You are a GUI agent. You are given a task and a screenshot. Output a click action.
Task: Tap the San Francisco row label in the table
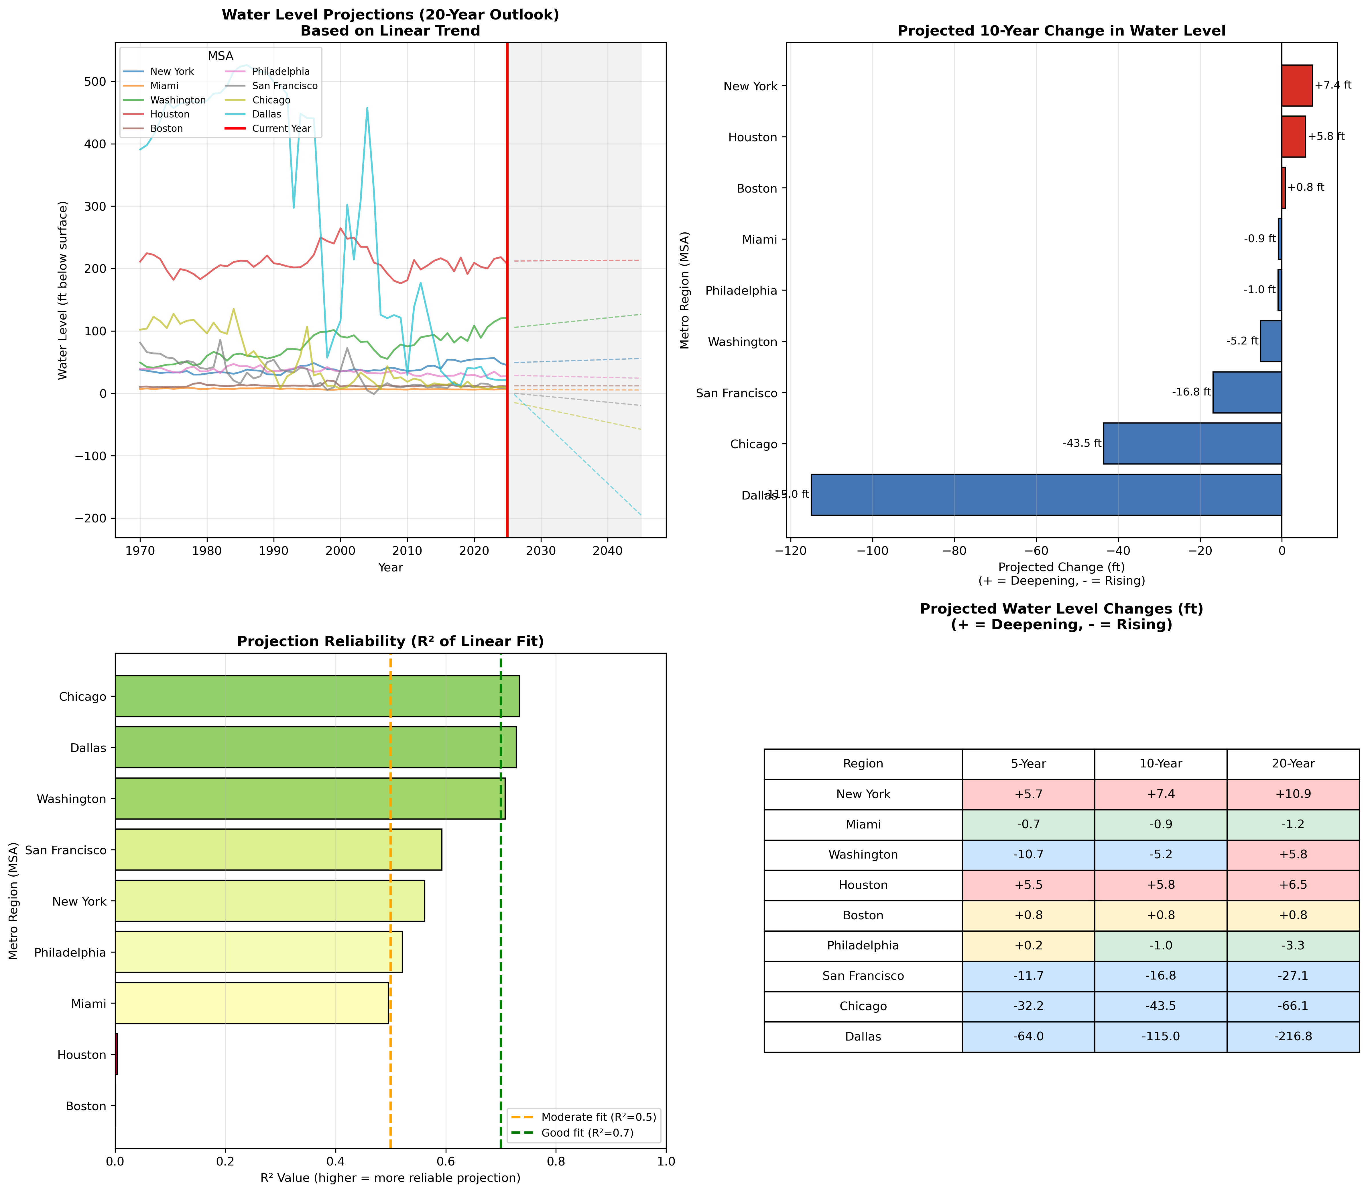tap(863, 976)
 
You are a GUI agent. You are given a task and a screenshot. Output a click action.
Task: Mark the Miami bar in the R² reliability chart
tap(251, 1003)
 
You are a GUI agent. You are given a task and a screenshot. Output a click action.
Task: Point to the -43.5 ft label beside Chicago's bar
tap(1082, 443)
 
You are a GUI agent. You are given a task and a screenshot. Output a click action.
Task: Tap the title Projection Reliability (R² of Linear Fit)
tap(391, 642)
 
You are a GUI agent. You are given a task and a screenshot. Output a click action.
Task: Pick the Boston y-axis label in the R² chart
tap(86, 1106)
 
